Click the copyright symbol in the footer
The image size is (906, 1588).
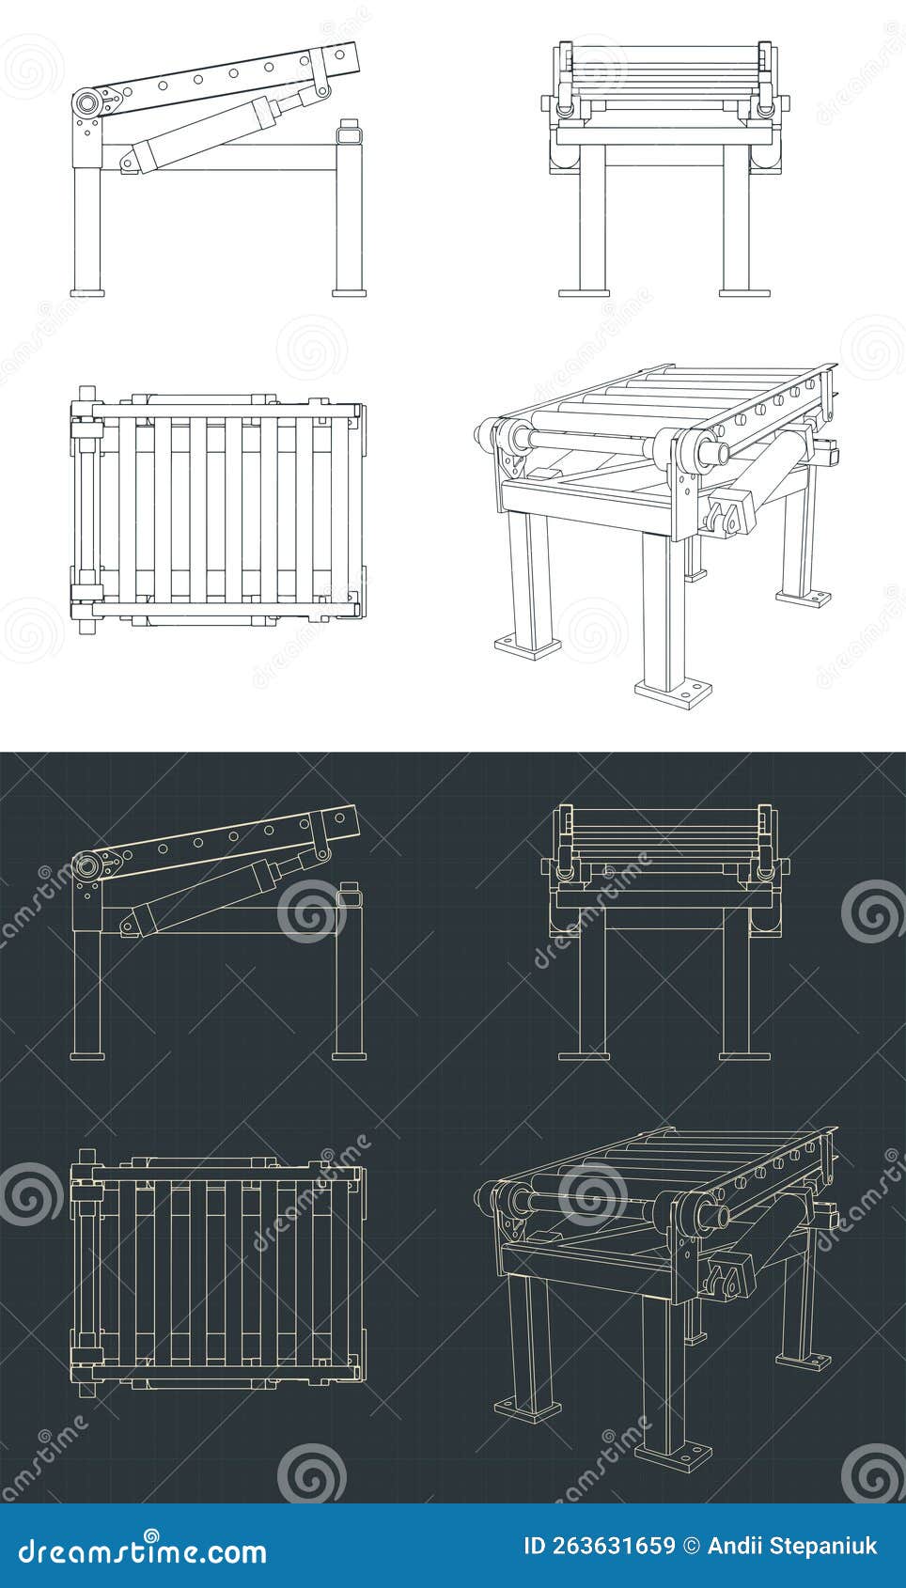click(691, 1546)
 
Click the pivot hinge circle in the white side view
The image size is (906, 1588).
click(87, 102)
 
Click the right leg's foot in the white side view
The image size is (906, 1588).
click(349, 292)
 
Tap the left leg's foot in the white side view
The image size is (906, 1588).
click(87, 292)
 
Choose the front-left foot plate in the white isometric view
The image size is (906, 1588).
click(527, 645)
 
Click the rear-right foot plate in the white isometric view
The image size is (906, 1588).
click(804, 595)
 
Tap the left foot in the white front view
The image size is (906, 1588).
click(584, 292)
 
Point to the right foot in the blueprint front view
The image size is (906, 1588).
click(745, 1055)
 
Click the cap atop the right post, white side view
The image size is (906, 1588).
click(349, 131)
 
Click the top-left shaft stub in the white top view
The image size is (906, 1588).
click(87, 392)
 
